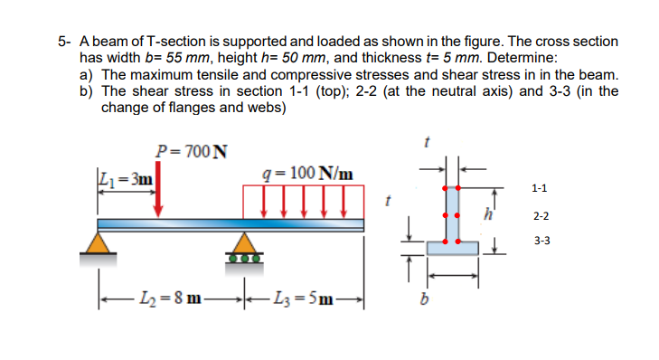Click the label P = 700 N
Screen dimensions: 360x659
tap(192, 150)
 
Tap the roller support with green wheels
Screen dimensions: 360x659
tap(241, 247)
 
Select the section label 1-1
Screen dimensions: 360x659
tap(540, 188)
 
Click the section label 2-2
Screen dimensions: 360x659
tap(540, 217)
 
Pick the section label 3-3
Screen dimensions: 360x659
tap(540, 242)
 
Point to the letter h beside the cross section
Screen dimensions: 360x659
tap(489, 213)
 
